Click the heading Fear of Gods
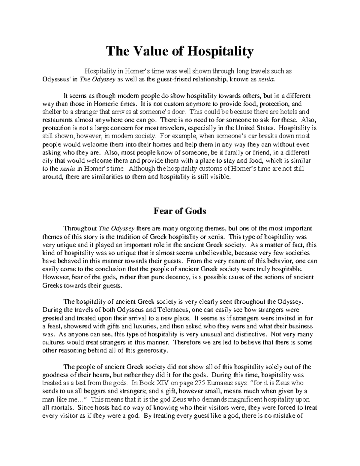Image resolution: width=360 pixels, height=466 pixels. [x=180, y=211]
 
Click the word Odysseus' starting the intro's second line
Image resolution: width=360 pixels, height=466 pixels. [x=53, y=80]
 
